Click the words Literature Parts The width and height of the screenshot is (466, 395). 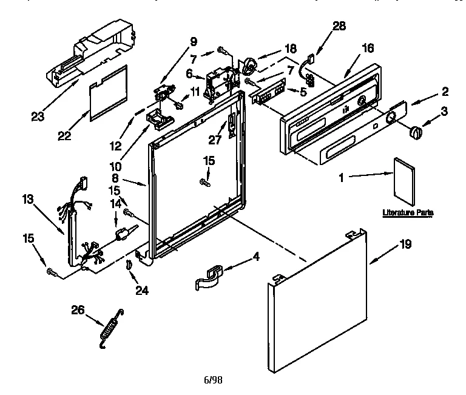point(408,213)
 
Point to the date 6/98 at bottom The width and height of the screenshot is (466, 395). point(212,380)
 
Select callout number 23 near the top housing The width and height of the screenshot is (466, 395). point(38,116)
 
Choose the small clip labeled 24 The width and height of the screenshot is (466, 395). point(129,265)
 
